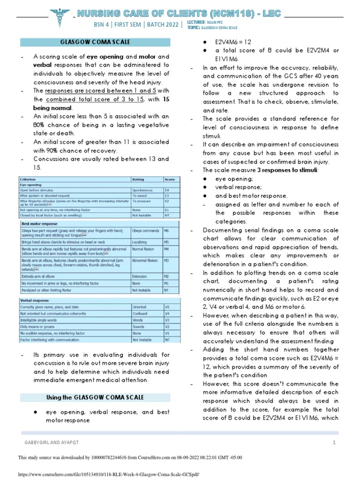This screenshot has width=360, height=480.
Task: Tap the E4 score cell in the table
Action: [167, 191]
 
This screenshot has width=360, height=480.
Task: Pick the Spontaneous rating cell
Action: [143, 191]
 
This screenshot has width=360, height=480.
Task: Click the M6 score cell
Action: [167, 231]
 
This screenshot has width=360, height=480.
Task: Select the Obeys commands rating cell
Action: [145, 231]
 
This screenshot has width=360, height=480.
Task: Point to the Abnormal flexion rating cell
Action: [145, 260]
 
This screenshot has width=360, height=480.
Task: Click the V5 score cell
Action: [167, 307]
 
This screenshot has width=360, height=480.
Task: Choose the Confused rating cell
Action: [141, 314]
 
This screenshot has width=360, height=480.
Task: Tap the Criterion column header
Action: [29, 179]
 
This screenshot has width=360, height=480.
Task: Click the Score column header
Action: [170, 179]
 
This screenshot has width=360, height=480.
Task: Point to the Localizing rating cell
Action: [141, 242]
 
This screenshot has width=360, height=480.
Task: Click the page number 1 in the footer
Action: [334, 442]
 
